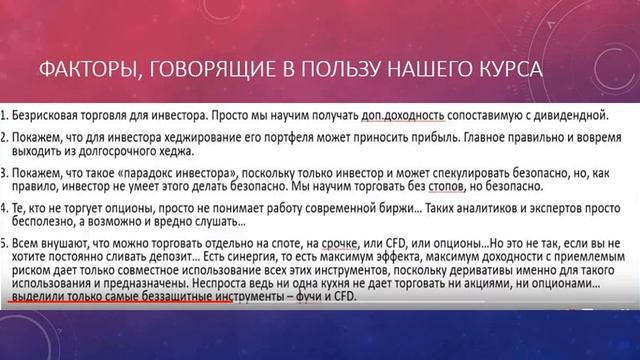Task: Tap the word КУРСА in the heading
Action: (x=508, y=70)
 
